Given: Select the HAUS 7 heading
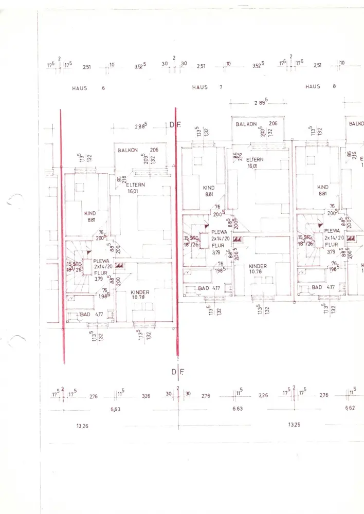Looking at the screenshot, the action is coord(207,87).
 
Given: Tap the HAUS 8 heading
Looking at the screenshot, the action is coord(320,86).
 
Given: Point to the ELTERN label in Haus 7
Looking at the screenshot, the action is coord(254,159).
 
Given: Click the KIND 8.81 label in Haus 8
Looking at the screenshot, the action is coord(322,190).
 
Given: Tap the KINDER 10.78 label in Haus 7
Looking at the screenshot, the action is coord(258,269).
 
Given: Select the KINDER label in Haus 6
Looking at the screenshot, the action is coord(139,291).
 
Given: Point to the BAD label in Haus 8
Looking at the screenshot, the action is coord(317,287).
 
